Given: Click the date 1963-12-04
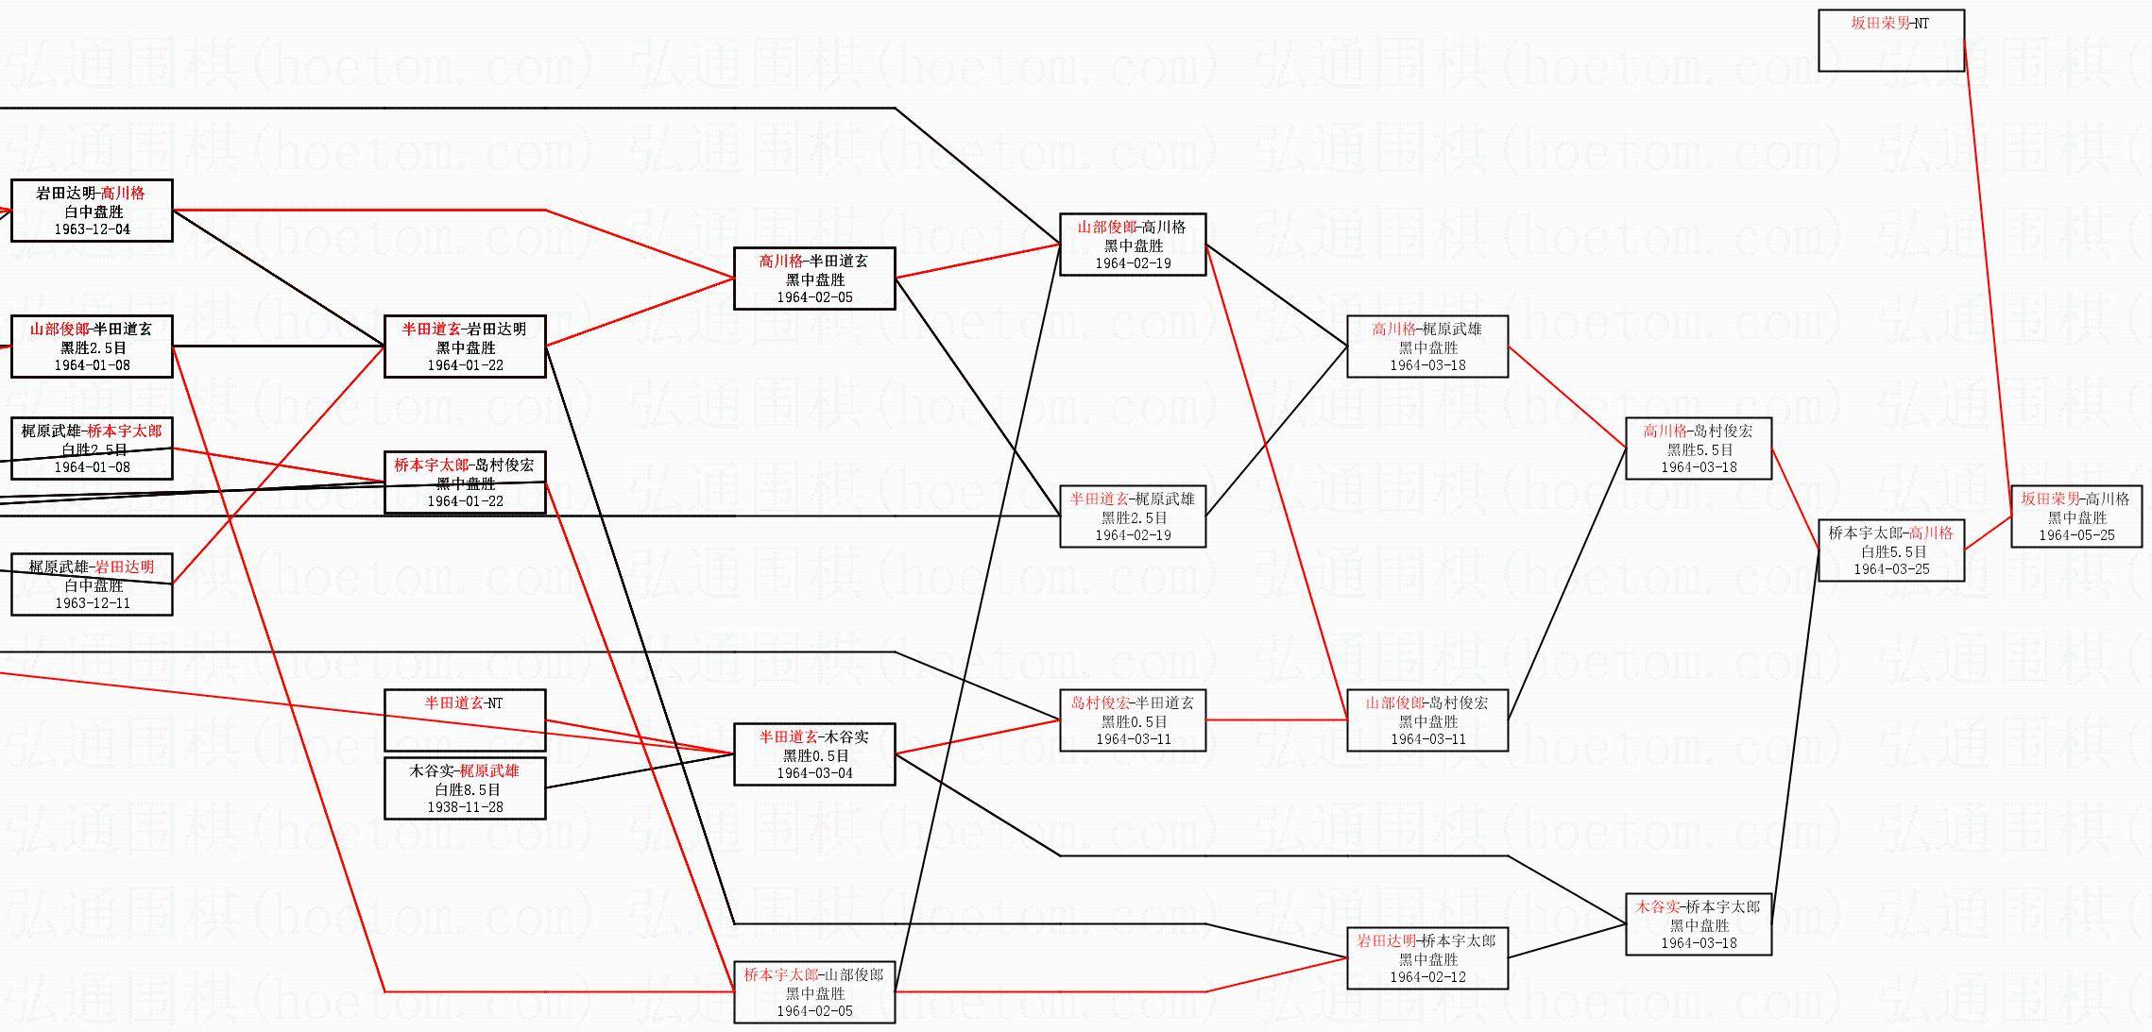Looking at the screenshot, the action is (92, 229).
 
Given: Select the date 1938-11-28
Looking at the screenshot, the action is (465, 807).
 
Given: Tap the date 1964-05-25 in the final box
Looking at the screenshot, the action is (2076, 535).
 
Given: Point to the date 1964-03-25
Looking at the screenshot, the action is (1891, 569).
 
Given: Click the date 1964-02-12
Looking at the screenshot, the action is (1427, 977).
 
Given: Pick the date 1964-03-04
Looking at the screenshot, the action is (814, 773).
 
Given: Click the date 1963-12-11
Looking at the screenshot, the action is (92, 603).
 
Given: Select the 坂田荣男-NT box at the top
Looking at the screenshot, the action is (1891, 40).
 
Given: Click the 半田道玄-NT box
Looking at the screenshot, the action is (465, 719).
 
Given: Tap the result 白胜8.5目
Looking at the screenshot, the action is (465, 789).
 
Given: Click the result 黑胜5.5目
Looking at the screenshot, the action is (1699, 449).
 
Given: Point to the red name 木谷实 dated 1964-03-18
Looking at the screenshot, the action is (1658, 906).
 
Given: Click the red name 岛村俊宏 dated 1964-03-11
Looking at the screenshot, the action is (1101, 702).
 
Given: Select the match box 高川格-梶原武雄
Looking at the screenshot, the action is (1427, 346).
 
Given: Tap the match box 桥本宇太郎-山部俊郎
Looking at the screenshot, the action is (814, 991).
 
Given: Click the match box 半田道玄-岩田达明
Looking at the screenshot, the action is (465, 346).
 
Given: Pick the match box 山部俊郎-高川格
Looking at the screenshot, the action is (1133, 244).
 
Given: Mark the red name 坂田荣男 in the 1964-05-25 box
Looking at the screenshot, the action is (2050, 499).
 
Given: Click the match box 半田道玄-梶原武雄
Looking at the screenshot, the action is (1133, 516).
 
